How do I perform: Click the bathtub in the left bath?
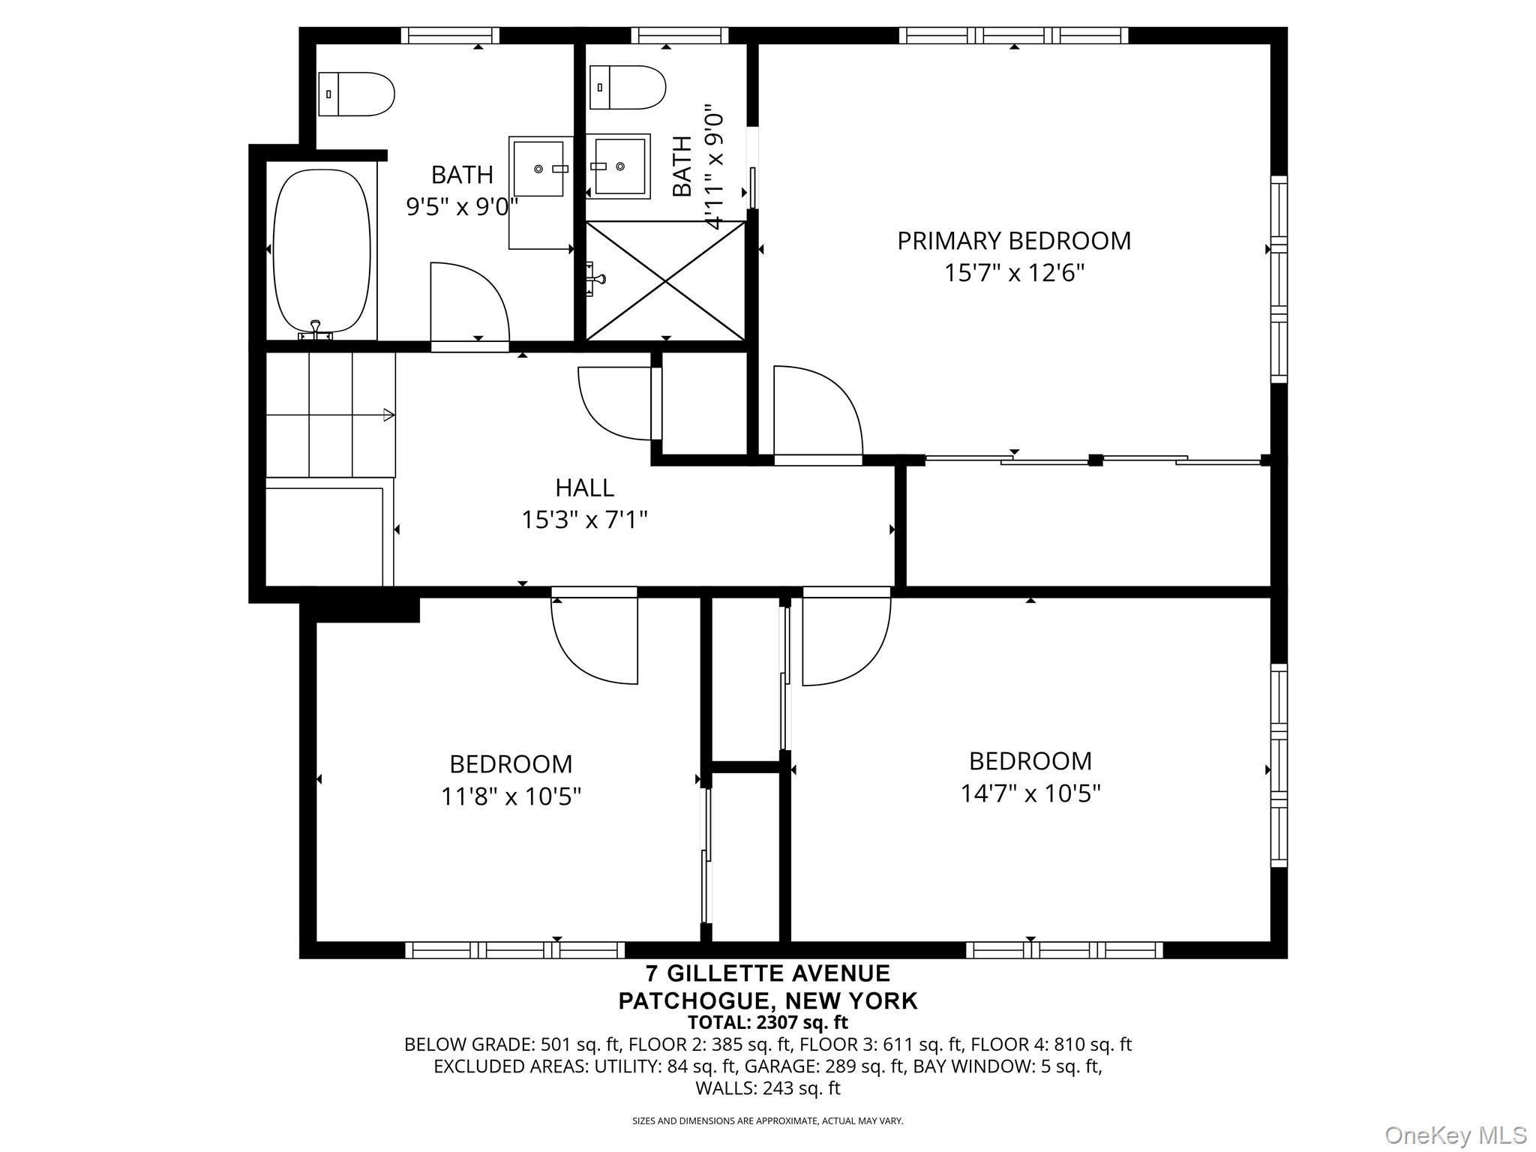pyautogui.click(x=322, y=251)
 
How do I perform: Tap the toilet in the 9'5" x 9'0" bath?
pyautogui.click(x=356, y=94)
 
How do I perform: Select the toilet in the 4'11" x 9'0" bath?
pyautogui.click(x=628, y=87)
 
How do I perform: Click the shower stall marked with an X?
pyautogui.click(x=665, y=280)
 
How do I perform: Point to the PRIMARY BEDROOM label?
pyautogui.click(x=1014, y=241)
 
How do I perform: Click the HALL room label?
pyautogui.click(x=584, y=487)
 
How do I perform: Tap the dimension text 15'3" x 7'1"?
pyautogui.click(x=584, y=519)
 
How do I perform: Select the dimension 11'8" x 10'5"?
pyautogui.click(x=511, y=796)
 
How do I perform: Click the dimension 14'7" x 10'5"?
pyautogui.click(x=1030, y=793)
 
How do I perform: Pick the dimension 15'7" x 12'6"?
pyautogui.click(x=1014, y=272)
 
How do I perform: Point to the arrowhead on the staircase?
pyautogui.click(x=388, y=415)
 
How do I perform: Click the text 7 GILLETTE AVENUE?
pyautogui.click(x=768, y=973)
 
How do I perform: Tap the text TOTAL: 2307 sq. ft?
pyautogui.click(x=768, y=1021)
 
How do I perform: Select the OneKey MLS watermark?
pyautogui.click(x=1456, y=1135)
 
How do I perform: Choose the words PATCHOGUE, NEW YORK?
pyautogui.click(x=768, y=1000)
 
